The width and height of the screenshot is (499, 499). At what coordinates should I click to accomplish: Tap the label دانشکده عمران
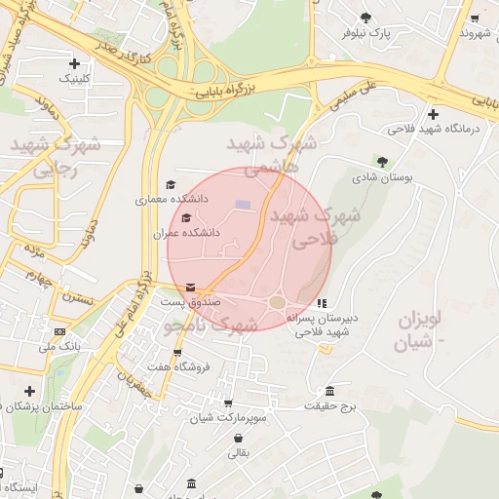pos(186,234)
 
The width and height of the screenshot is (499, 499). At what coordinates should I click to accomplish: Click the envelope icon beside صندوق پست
pos(189,288)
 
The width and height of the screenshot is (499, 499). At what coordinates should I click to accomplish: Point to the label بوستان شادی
pos(383,177)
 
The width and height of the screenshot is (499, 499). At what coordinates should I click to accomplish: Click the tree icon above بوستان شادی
pos(382,162)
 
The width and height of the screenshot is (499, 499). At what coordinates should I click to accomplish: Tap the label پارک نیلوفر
pos(365,32)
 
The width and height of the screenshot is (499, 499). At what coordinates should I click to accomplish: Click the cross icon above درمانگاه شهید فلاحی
pos(432,114)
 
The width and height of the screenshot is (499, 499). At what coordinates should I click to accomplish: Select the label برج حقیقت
pos(331,404)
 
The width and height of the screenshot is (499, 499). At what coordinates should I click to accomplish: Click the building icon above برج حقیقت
pos(330,390)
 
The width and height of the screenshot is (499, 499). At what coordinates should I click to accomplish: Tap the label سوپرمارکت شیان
pos(228,418)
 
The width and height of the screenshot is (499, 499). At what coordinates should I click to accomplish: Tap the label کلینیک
pos(76,78)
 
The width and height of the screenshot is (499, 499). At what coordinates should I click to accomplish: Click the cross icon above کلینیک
pos(74,63)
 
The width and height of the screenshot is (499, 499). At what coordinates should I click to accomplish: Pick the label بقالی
pos(239,452)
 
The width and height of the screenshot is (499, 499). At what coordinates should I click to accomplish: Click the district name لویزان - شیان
pos(420,330)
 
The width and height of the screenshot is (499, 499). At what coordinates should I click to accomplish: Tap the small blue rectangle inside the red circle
pos(243,204)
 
